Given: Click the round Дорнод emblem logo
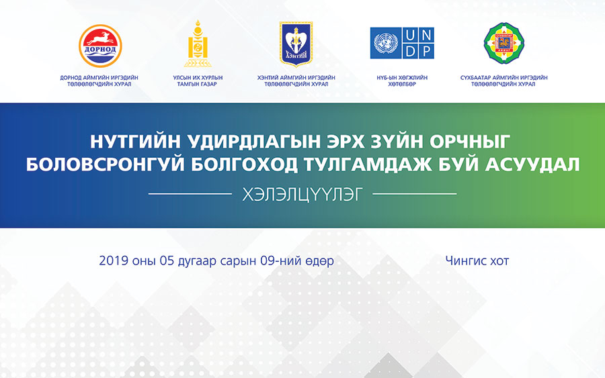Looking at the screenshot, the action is [x=100, y=46].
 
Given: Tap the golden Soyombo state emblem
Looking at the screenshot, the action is [x=198, y=44].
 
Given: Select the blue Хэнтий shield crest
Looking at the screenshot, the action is [x=296, y=44].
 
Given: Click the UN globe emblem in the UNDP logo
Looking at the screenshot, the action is [x=386, y=43].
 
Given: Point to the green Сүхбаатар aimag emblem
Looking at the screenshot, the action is [x=504, y=43].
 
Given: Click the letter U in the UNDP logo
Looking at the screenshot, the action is [x=410, y=35].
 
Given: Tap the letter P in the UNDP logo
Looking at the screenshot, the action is [x=426, y=51].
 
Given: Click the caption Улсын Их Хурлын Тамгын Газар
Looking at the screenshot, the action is [x=198, y=81].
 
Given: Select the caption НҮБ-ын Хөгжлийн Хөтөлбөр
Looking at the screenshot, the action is [x=402, y=81].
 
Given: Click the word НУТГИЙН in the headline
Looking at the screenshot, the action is [x=135, y=141].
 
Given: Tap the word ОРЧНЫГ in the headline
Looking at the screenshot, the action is [x=470, y=142].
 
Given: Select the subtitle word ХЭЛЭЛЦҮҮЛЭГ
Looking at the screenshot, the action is [x=302, y=195].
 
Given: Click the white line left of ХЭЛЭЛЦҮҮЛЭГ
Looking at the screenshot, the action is [x=190, y=194].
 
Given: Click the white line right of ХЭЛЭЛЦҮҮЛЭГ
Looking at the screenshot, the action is [x=414, y=194].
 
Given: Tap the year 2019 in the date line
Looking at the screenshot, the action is [x=114, y=261].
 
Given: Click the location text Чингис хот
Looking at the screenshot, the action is [x=477, y=261].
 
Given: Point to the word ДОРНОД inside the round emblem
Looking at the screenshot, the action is [x=100, y=49].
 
